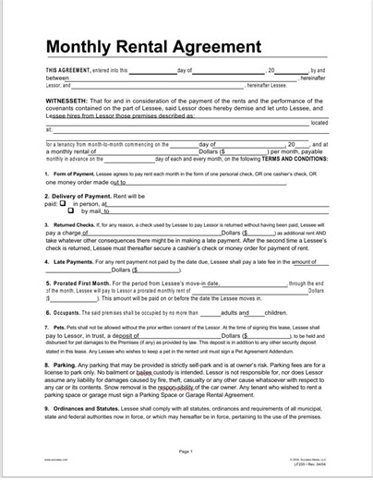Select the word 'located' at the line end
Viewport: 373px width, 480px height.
[319, 122]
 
